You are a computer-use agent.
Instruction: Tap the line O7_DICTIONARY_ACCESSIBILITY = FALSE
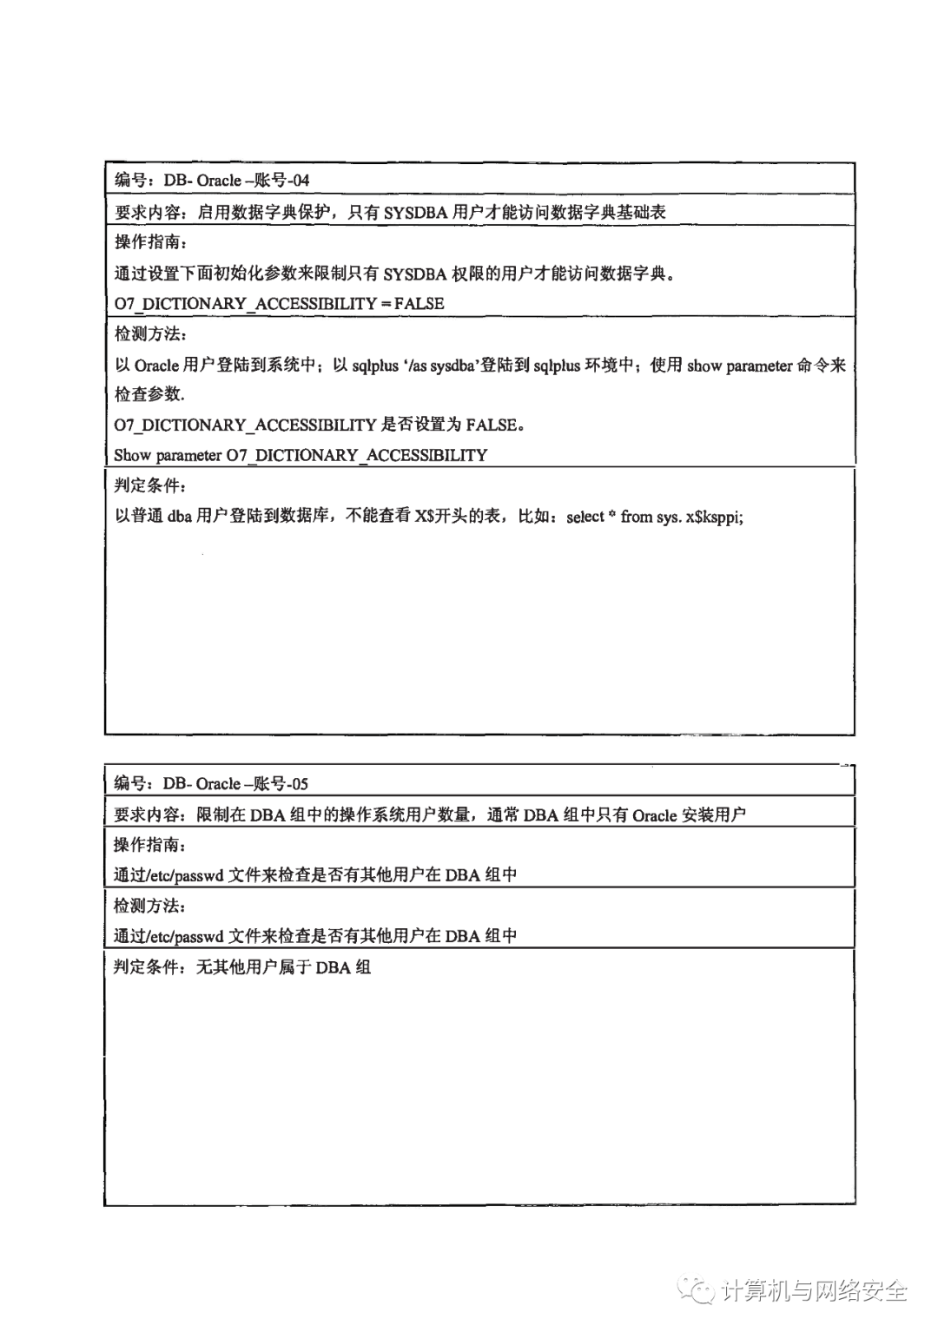pyautogui.click(x=279, y=304)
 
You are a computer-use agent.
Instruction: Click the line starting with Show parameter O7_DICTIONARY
pyautogui.click(x=301, y=455)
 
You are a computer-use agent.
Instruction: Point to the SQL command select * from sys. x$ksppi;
pyautogui.click(x=655, y=517)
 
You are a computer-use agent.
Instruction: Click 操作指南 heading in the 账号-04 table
pyautogui.click(x=150, y=242)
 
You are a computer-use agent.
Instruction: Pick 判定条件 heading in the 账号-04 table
pyautogui.click(x=150, y=485)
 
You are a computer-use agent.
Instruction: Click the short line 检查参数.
pyautogui.click(x=149, y=394)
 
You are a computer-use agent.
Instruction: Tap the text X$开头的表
pyautogui.click(x=457, y=517)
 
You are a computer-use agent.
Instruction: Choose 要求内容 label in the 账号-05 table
pyautogui.click(x=149, y=815)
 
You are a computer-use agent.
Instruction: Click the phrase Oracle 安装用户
pyautogui.click(x=689, y=815)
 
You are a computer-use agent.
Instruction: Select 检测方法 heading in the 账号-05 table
pyautogui.click(x=149, y=906)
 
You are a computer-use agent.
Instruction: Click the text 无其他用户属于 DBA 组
pyautogui.click(x=283, y=967)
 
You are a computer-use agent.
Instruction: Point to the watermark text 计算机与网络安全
pyautogui.click(x=814, y=1292)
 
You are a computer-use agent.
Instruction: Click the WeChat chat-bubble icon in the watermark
pyautogui.click(x=697, y=1291)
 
